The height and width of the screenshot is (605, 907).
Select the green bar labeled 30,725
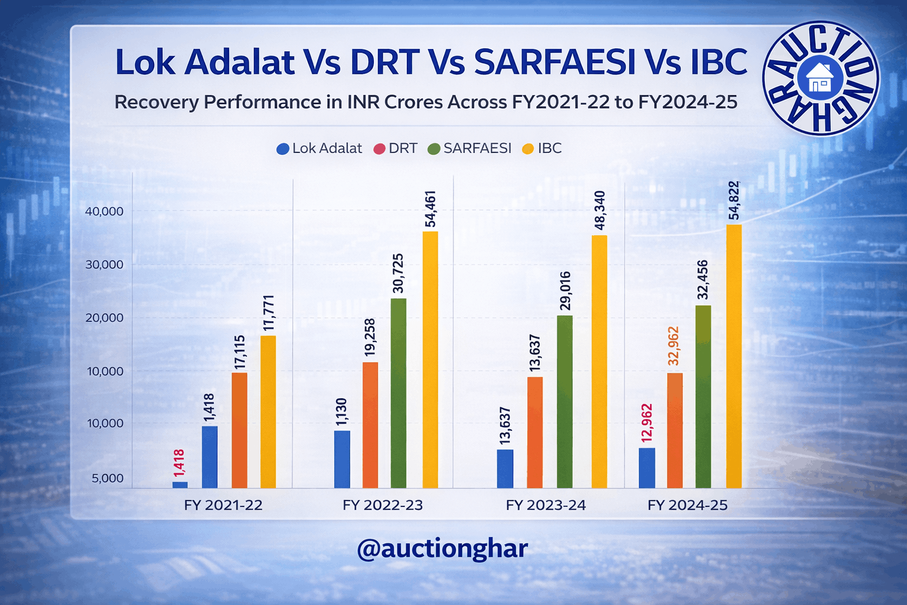(x=399, y=393)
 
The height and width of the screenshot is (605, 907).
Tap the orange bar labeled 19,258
(x=370, y=425)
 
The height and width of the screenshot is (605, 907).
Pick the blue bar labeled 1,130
(x=342, y=459)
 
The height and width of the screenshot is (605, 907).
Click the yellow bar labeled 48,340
(x=599, y=362)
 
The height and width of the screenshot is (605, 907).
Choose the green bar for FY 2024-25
(x=703, y=396)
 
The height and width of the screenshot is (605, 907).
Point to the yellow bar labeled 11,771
(x=268, y=412)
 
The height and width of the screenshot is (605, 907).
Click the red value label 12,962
(x=647, y=422)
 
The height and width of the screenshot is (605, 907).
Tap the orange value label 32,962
(x=674, y=346)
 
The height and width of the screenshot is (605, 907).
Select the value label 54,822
(x=734, y=200)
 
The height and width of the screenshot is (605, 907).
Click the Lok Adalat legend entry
(x=319, y=148)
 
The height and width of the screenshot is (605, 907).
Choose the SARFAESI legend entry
(x=469, y=148)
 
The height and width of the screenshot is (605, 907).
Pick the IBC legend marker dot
(x=528, y=149)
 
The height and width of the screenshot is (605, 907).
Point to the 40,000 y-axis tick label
(x=105, y=212)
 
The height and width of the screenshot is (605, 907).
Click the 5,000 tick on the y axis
(x=107, y=478)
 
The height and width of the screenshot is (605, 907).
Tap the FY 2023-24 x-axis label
(x=546, y=505)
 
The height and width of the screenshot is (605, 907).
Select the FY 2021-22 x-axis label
(x=223, y=505)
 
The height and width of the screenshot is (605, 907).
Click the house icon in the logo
(x=820, y=78)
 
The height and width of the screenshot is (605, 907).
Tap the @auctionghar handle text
(x=442, y=549)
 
